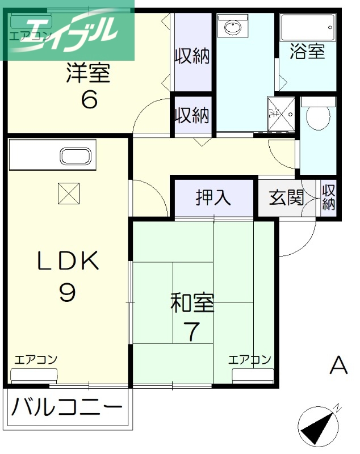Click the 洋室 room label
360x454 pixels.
[88, 74]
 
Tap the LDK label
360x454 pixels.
[68, 261]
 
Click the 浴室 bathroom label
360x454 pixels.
[307, 51]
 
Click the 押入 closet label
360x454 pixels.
[214, 197]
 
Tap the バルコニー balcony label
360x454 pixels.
[67, 407]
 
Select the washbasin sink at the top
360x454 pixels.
[233, 27]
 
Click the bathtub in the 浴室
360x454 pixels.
[307, 27]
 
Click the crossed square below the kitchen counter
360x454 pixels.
[69, 194]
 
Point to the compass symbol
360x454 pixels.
[319, 426]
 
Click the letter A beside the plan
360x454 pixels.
[338, 365]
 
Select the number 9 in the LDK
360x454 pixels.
[67, 292]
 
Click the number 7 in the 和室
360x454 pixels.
[192, 331]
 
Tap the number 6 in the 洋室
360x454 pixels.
[89, 100]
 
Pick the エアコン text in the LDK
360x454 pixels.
[35, 359]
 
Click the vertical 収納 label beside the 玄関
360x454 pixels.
[329, 197]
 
